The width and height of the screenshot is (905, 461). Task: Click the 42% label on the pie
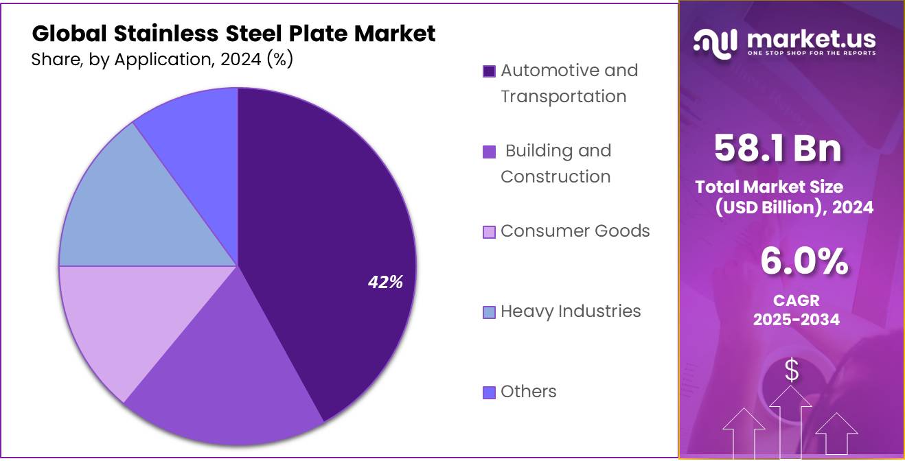385,282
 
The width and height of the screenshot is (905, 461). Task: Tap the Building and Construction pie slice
227,370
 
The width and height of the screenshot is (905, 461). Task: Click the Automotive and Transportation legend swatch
489,71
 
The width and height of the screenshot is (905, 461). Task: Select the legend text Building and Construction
556,163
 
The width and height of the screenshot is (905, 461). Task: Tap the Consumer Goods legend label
575,231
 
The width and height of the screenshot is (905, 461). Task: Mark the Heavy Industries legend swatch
489,313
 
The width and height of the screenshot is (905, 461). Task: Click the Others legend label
528,392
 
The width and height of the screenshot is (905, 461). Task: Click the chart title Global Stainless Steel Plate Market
233,34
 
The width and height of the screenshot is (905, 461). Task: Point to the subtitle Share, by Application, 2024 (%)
162,60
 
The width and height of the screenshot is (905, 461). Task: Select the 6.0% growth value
803,261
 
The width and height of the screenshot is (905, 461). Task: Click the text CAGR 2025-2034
796,310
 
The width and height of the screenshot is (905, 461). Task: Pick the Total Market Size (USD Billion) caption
783,197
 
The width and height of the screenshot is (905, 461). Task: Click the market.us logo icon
715,42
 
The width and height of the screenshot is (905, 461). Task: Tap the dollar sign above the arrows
792,371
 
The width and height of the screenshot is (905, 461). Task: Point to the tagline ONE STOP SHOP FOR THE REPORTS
811,53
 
